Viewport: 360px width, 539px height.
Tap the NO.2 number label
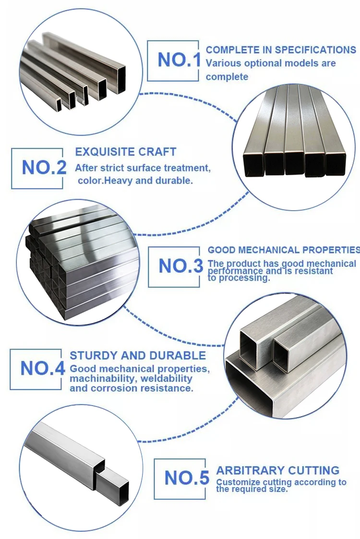pos(44,168)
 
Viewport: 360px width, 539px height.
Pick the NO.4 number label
pos(42,369)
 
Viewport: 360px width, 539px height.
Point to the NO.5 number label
pos(187,478)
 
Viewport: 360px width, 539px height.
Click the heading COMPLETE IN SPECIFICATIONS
pos(281,50)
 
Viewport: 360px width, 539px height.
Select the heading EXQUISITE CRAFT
pos(126,152)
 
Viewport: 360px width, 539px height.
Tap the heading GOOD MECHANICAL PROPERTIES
pos(283,250)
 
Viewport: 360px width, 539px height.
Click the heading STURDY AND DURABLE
pos(138,356)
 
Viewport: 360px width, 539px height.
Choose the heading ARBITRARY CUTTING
pos(277,470)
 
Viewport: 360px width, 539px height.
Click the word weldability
pos(167,379)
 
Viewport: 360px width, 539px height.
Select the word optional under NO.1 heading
pos(259,63)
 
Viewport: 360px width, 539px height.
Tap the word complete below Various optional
pos(227,77)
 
